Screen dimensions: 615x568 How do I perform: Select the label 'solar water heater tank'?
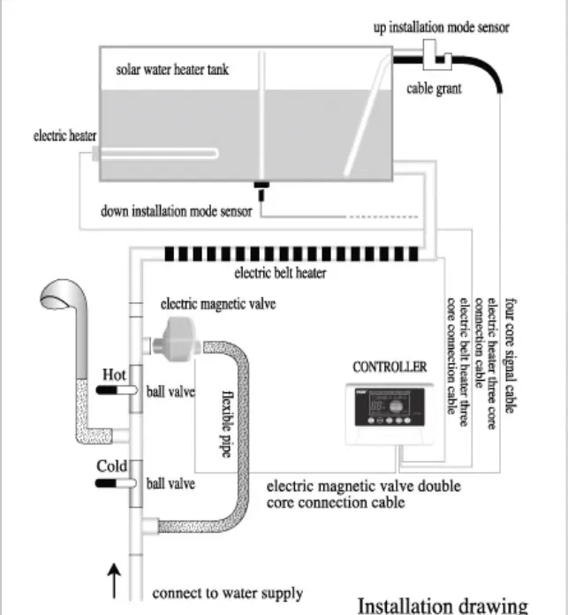(x=172, y=68)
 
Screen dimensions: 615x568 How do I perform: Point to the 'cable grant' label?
(x=434, y=88)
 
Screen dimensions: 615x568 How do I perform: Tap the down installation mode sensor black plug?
(x=261, y=186)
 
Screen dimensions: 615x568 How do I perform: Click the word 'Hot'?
(x=115, y=375)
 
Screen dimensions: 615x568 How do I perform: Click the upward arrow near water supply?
(x=114, y=584)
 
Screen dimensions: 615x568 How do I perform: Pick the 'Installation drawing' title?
(x=442, y=605)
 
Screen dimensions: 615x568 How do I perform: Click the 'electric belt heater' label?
(x=279, y=273)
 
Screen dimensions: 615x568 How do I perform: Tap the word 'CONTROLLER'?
(x=390, y=366)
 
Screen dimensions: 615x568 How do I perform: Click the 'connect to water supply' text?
(x=227, y=593)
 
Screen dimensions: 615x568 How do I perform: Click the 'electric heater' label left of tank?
(x=64, y=137)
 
